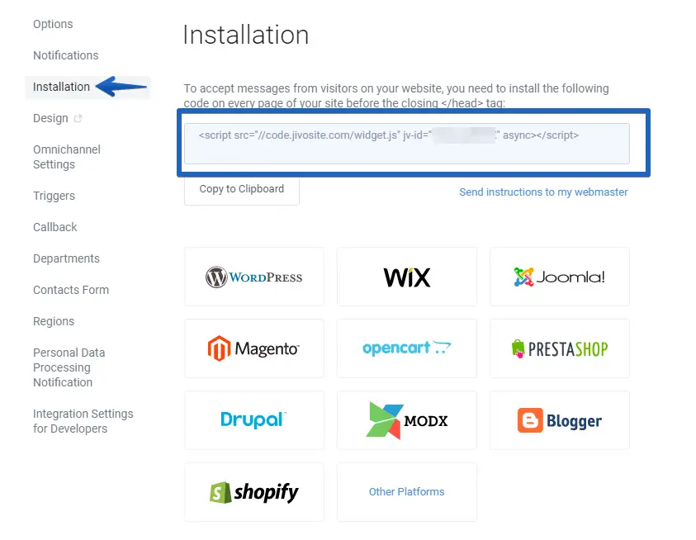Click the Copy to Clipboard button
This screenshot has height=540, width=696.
(x=241, y=189)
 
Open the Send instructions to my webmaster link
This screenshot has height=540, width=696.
(x=543, y=192)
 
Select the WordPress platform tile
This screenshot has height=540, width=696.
(x=254, y=277)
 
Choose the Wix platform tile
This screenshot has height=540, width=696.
(x=407, y=277)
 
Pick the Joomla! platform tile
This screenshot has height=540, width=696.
(x=560, y=277)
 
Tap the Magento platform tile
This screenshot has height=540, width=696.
(x=254, y=348)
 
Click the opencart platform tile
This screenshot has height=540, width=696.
(x=407, y=348)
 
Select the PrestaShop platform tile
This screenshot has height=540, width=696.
(x=560, y=348)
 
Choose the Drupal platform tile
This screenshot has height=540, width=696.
(x=254, y=420)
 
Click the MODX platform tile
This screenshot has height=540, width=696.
(x=407, y=420)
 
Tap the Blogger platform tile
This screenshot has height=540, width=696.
(x=560, y=420)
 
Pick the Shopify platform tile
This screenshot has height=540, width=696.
(x=254, y=492)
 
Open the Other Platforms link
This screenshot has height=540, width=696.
(x=407, y=492)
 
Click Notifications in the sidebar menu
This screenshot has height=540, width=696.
(x=65, y=55)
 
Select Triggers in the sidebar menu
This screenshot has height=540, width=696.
(x=54, y=196)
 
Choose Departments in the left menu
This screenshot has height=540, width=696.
(x=66, y=258)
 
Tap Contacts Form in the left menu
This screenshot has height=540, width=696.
(x=71, y=290)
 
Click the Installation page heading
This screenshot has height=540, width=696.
(x=245, y=36)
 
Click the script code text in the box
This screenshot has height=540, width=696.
(x=388, y=135)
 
